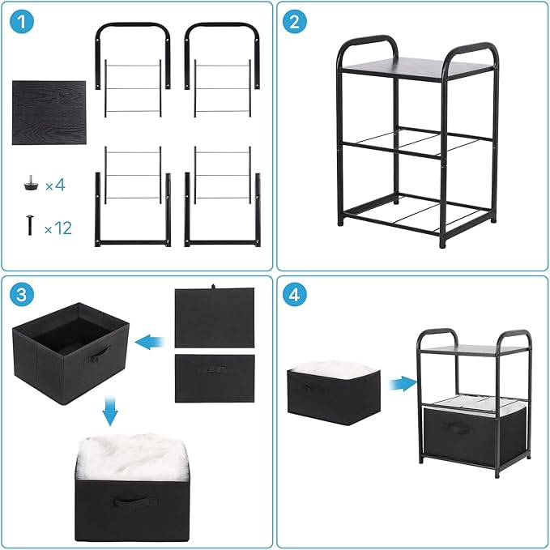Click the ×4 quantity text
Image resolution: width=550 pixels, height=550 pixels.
(x=54, y=185)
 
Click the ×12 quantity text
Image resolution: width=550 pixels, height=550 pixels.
(x=58, y=228)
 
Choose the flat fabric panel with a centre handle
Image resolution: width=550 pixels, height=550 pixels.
(x=215, y=377)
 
